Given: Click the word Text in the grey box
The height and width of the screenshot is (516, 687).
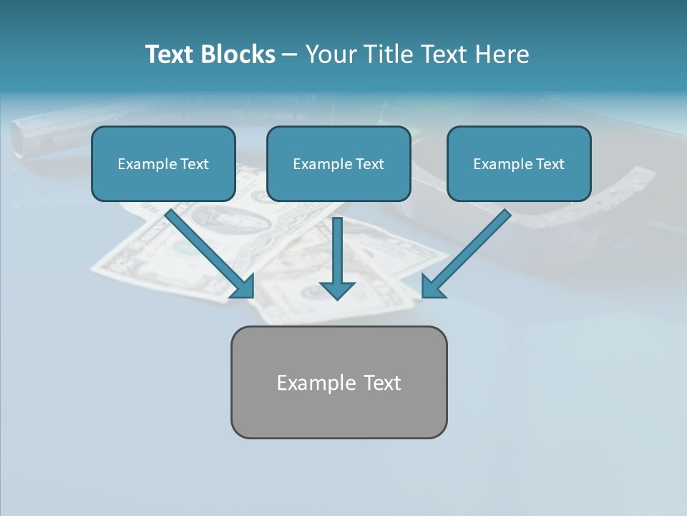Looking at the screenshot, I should coord(382,383).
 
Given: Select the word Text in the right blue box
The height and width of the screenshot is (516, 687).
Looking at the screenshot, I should coord(550,164).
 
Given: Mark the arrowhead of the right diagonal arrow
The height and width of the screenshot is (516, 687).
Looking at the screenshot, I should coord(431,287).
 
